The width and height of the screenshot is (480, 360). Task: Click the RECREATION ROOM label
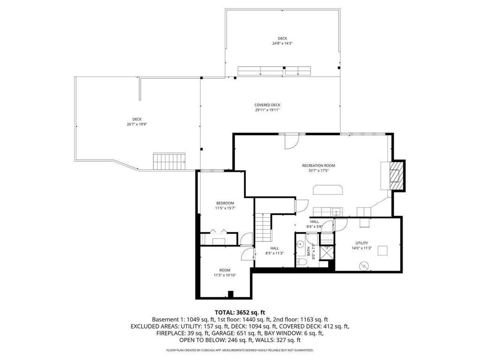(x=318, y=165)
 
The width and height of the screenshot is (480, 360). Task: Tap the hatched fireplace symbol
(x=397, y=175)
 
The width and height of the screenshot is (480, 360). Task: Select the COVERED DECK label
(x=267, y=105)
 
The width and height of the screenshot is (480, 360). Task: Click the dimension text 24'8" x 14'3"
(x=282, y=44)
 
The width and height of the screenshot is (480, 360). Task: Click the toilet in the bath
(x=301, y=262)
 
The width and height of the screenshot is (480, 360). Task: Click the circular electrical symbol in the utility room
(x=363, y=266)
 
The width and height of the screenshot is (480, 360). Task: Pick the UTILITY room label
(x=361, y=243)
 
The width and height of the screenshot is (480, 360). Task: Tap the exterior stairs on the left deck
(x=169, y=161)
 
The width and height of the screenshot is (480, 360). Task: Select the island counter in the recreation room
(x=328, y=189)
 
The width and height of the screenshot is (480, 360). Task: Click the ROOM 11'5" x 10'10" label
(x=225, y=273)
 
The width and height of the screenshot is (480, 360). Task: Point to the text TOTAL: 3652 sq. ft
(x=240, y=312)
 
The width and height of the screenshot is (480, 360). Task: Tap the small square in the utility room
(x=383, y=251)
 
